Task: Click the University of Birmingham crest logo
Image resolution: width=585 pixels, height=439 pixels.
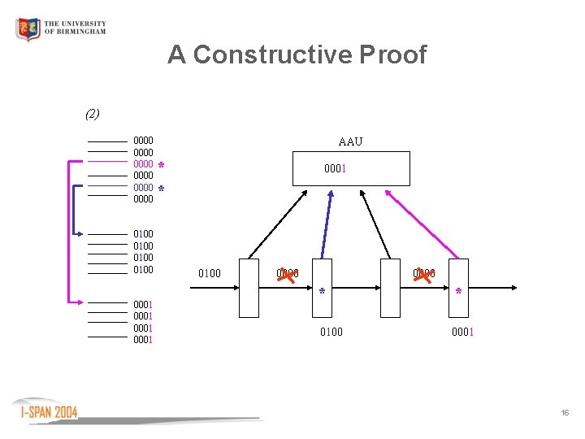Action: coord(28,30)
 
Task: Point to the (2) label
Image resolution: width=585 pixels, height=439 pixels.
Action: coord(93,114)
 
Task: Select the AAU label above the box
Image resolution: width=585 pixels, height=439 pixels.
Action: coord(350,141)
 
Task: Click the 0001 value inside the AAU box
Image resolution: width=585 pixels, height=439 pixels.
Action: coord(336,170)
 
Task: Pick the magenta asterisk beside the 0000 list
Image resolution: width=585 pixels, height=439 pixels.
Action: coord(161,166)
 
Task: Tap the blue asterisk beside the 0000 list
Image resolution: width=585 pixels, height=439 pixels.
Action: coord(161,189)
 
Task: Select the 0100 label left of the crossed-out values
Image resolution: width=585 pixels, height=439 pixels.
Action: coord(210,274)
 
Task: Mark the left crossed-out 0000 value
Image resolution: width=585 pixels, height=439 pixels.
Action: coord(287,275)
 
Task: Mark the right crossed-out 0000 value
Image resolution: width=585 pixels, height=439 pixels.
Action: coord(423,275)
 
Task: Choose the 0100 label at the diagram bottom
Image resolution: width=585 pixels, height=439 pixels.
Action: coord(331,332)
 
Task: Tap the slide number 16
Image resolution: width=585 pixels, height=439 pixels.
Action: coord(564,414)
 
